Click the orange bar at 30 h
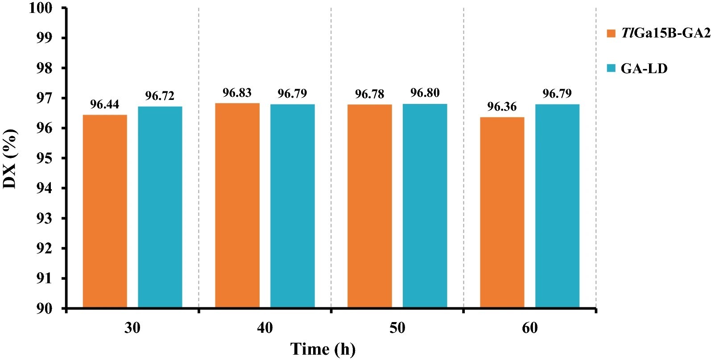tap(105, 211)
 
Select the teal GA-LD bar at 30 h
tap(160, 207)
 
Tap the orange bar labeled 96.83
tap(237, 205)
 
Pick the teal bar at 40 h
tap(292, 206)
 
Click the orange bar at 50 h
tap(370, 206)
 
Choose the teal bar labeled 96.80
tap(425, 206)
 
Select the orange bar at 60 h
tap(502, 212)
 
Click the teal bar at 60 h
tap(557, 206)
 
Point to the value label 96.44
tap(105, 105)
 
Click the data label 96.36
tap(502, 107)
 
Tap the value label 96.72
tap(160, 96)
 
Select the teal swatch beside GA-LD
tap(611, 69)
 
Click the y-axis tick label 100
tap(41, 8)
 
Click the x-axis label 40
tap(265, 328)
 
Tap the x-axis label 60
tap(529, 328)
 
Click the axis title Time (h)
tap(323, 349)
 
